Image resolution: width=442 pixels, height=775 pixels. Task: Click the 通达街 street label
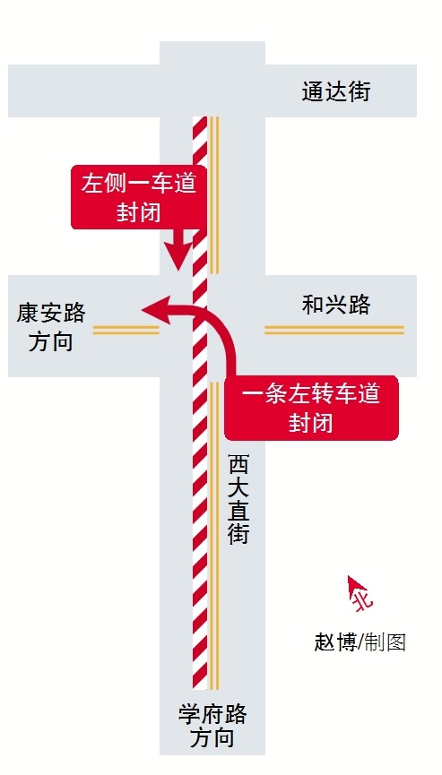tap(335, 92)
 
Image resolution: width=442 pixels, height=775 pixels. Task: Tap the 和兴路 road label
tap(335, 305)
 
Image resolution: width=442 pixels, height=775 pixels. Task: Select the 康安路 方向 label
tap(50, 327)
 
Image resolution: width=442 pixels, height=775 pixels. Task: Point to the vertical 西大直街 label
tap(238, 500)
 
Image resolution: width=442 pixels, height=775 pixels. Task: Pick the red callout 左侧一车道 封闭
tap(139, 197)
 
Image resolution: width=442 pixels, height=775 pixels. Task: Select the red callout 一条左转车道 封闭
tap(311, 408)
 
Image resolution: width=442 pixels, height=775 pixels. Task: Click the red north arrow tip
tap(349, 576)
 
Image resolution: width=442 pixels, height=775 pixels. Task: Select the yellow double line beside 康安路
tap(126, 330)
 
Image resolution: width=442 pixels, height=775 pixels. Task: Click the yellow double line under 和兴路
tap(334, 330)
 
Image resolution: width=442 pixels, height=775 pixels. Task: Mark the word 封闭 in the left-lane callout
tap(139, 213)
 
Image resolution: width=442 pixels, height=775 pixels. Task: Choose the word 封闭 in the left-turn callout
tap(311, 423)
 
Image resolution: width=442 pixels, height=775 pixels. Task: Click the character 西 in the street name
tap(238, 466)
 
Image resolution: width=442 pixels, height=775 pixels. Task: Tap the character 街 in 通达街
tap(359, 92)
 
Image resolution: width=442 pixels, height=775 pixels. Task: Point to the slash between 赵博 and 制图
tap(361, 642)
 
